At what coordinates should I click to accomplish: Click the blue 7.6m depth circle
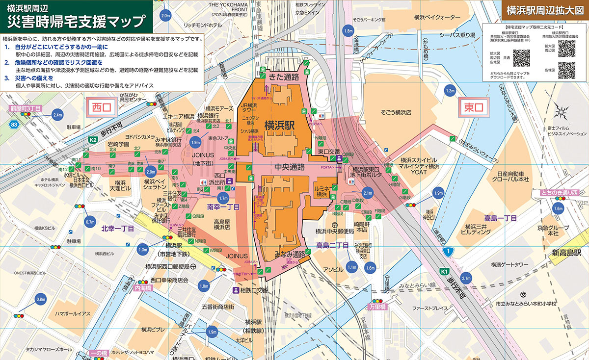point(558,208)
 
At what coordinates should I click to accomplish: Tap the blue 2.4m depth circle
point(57,115)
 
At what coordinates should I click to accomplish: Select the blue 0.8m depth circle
point(40,300)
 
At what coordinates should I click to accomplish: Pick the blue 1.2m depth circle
point(450,91)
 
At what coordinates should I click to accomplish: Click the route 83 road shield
point(14,125)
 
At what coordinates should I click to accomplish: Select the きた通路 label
point(284,77)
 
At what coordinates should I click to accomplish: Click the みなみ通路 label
point(290,254)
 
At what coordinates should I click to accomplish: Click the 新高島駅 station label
point(565,253)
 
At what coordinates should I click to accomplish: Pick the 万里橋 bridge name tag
point(377,307)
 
